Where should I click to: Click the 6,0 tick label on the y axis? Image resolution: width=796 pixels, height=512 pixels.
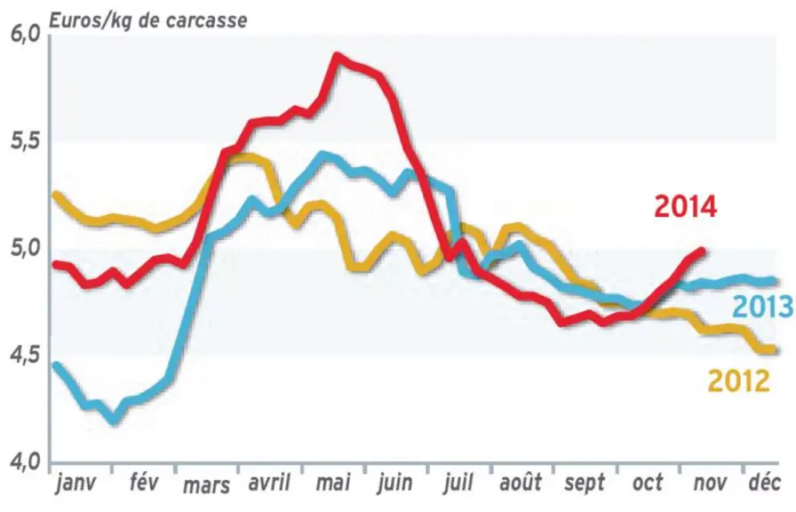click(24, 36)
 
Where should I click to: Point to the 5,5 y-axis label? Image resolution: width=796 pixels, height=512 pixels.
click(25, 142)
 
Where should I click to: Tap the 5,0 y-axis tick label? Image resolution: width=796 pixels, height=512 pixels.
click(25, 250)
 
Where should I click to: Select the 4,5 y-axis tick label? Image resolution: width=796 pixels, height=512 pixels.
click(24, 356)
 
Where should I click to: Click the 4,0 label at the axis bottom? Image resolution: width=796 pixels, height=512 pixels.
click(24, 463)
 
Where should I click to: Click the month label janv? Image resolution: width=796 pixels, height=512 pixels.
click(76, 483)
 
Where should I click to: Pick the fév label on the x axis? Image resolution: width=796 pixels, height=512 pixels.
click(143, 482)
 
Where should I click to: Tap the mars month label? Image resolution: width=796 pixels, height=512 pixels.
click(207, 485)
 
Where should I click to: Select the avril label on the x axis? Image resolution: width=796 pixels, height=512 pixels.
click(269, 482)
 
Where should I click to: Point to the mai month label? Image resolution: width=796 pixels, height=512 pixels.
click(333, 482)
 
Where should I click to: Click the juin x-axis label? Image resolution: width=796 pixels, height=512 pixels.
click(395, 483)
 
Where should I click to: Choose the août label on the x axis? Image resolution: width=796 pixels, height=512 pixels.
click(521, 482)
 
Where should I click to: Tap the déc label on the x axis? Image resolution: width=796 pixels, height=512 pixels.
click(764, 482)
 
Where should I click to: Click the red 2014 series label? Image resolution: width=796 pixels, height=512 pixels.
click(685, 207)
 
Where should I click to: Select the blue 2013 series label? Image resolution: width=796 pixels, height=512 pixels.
click(762, 307)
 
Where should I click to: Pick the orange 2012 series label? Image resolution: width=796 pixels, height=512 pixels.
click(738, 381)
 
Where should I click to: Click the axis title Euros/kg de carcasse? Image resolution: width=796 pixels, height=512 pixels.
click(147, 20)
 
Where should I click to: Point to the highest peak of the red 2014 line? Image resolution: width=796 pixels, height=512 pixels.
click(337, 55)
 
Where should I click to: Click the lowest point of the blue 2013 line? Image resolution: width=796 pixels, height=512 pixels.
click(114, 421)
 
